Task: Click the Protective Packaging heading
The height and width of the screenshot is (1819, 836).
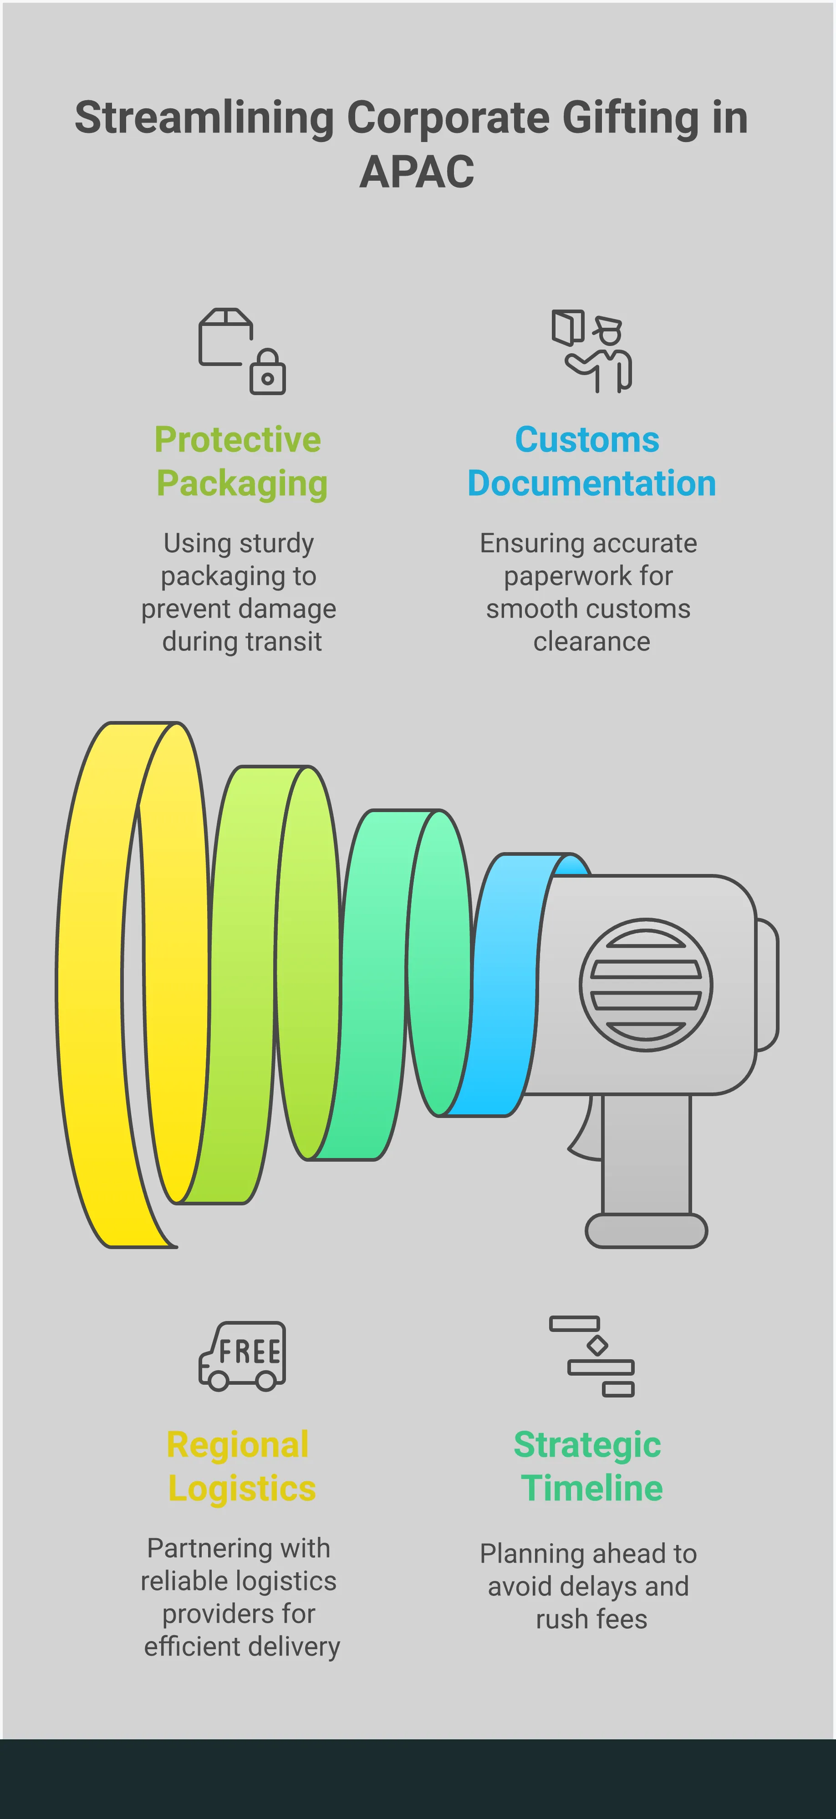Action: pyautogui.click(x=240, y=461)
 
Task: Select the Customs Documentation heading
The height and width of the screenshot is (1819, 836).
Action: pyautogui.click(x=590, y=461)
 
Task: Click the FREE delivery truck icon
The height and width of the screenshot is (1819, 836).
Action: pyautogui.click(x=242, y=1356)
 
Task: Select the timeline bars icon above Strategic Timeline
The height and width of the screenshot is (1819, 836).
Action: pyautogui.click(x=592, y=1356)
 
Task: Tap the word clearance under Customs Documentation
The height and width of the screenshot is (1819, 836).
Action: pyautogui.click(x=591, y=642)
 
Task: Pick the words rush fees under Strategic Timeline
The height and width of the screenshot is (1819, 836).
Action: pyautogui.click(x=591, y=1619)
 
